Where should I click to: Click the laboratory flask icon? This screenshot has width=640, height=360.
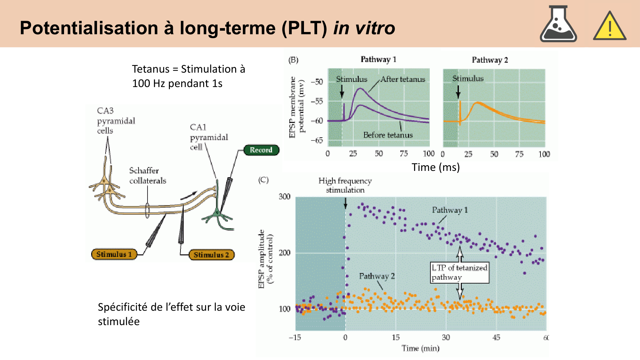point(558,25)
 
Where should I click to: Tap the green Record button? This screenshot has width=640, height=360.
point(261,150)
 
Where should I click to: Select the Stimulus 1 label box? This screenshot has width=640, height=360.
point(114,254)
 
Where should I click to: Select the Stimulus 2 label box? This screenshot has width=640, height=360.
point(211,255)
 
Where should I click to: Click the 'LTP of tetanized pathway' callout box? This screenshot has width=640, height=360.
point(460,272)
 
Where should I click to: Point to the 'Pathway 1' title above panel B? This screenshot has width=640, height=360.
point(378,60)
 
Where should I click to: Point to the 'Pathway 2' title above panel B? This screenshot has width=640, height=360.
point(490,60)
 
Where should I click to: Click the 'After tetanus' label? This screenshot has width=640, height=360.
point(403,79)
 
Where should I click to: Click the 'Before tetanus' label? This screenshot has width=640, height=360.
point(388,135)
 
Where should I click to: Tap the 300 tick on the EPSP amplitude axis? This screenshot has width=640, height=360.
point(284,196)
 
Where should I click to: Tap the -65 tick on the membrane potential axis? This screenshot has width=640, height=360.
point(317,140)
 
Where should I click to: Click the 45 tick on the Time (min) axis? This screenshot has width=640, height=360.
point(496,337)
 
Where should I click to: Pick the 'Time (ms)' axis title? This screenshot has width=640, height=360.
point(436,167)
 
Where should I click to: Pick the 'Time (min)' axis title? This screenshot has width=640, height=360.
point(420,348)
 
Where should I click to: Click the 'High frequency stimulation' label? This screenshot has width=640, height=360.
point(345,185)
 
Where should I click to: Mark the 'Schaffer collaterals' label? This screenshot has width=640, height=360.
point(148,176)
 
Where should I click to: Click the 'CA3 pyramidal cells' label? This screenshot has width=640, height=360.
point(116,121)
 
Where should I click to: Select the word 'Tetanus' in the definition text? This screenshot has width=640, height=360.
point(151,69)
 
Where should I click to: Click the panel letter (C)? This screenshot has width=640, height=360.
point(263,180)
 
